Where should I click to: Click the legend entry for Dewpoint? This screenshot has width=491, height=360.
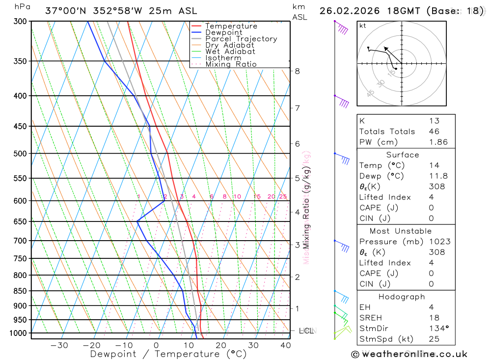(x=223, y=32)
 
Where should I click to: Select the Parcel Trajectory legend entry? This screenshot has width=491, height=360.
(x=241, y=39)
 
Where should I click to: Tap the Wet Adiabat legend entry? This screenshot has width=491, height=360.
(x=230, y=52)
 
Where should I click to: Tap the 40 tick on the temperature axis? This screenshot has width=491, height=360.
(x=285, y=345)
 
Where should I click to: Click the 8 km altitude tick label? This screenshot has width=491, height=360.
(x=298, y=71)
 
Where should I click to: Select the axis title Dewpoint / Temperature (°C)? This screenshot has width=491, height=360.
(x=168, y=354)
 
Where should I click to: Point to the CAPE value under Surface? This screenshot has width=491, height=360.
(x=431, y=208)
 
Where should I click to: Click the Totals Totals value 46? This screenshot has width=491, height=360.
(x=434, y=132)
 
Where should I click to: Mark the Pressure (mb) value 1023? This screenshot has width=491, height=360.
(x=437, y=242)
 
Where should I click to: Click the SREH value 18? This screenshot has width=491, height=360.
(x=434, y=318)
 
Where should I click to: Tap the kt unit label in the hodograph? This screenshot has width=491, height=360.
(x=363, y=26)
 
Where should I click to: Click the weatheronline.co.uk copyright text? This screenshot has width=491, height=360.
(x=409, y=354)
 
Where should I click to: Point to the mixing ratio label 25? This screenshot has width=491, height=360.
(x=283, y=196)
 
